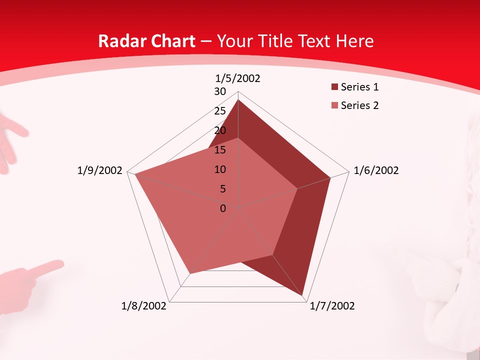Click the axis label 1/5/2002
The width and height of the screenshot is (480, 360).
point(238,78)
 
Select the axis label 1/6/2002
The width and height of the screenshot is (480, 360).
point(376,170)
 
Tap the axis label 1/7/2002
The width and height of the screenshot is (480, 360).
point(332,306)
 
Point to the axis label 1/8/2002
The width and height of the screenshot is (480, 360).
point(144,306)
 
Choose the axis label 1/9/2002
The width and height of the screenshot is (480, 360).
point(100,170)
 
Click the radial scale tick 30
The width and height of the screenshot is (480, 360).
point(220,91)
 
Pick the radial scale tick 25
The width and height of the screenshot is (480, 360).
point(220,111)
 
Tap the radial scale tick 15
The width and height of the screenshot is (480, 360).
point(220,150)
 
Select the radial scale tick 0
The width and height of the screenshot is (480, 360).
point(223,208)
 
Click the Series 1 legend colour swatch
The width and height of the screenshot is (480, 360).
point(334,87)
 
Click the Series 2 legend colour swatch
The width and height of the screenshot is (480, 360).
point(334,105)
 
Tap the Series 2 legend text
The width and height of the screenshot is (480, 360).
point(359,105)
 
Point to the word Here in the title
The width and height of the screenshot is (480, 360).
point(355,41)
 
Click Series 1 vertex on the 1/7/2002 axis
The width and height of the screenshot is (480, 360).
point(303,295)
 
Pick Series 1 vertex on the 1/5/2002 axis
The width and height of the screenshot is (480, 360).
point(238,99)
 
